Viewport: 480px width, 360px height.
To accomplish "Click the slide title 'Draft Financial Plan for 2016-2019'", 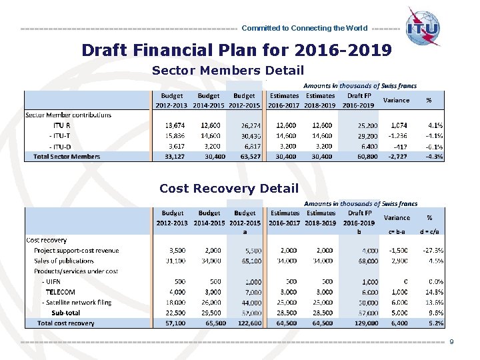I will [x=237, y=50].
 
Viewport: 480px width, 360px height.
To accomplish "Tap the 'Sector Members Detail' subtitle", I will [x=228, y=70].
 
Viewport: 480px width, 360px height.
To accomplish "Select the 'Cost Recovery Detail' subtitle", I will [x=229, y=189].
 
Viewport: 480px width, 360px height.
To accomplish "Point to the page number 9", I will [x=452, y=342].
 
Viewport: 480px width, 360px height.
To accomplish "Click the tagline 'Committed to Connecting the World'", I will [x=304, y=29].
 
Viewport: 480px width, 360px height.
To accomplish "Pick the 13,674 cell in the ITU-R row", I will [x=175, y=125].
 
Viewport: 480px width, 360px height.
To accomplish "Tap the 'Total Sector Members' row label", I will [x=67, y=157].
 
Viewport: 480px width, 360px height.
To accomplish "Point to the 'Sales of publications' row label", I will [x=64, y=261].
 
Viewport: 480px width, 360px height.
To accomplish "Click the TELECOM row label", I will [x=60, y=292].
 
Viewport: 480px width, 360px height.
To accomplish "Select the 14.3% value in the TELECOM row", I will [x=434, y=292].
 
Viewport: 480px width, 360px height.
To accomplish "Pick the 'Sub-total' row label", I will [x=65, y=313].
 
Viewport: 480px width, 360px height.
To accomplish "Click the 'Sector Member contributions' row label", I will [x=68, y=115].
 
